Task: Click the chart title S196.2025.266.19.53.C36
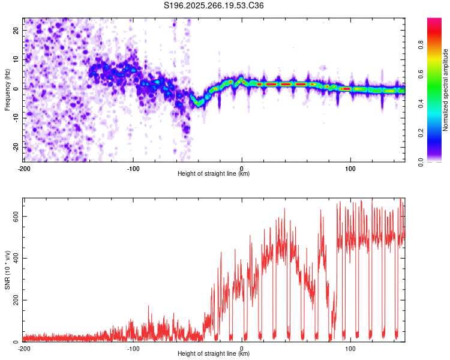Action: (214, 6)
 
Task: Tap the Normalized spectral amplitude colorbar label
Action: (445, 91)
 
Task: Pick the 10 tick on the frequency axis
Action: (17, 59)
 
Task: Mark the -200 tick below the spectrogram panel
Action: (24, 168)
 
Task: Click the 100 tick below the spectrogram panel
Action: (350, 168)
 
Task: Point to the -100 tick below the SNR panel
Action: (133, 348)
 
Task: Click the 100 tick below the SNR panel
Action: (350, 348)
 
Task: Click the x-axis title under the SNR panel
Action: (214, 354)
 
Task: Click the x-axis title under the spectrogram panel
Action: (214, 174)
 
